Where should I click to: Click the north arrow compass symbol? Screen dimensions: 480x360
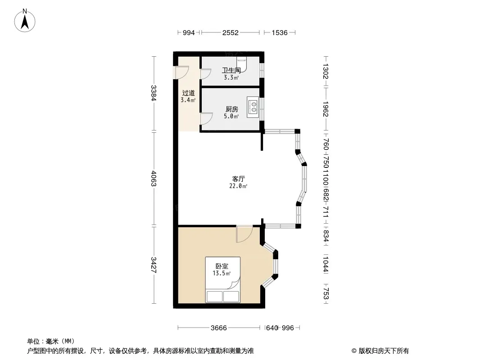pyautogui.click(x=25, y=21)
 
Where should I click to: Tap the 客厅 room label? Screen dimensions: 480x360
pyautogui.click(x=238, y=179)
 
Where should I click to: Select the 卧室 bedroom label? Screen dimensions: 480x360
pyautogui.click(x=222, y=266)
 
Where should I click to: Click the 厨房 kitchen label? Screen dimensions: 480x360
pyautogui.click(x=231, y=109)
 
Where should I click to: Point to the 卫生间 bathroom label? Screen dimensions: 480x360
pyautogui.click(x=231, y=70)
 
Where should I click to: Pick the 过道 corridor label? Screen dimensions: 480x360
pyautogui.click(x=188, y=93)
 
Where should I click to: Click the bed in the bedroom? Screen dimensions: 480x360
pyautogui.click(x=222, y=279)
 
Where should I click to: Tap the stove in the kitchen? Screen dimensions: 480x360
pyautogui.click(x=253, y=107)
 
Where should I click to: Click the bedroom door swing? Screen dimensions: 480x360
pyautogui.click(x=244, y=234)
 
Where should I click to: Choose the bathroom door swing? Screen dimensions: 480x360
pyautogui.click(x=206, y=74)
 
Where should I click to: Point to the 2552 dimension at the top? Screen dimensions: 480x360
pyautogui.click(x=230, y=32)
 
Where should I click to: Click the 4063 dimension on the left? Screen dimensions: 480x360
pyautogui.click(x=154, y=179)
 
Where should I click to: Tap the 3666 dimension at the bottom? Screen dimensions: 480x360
pyautogui.click(x=218, y=328)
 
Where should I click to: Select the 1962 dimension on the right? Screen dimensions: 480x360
pyautogui.click(x=326, y=109)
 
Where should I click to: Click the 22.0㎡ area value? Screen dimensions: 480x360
pyautogui.click(x=238, y=186)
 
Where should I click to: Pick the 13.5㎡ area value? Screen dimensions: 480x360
pyautogui.click(x=222, y=274)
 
